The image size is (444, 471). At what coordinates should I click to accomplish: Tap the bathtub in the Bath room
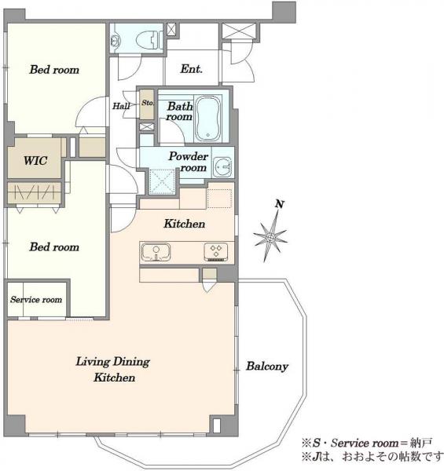click(207, 119)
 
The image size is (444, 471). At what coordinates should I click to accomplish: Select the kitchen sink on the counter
click(156, 252)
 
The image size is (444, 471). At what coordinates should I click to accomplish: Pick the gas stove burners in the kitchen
click(216, 251)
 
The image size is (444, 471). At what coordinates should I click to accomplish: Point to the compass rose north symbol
click(270, 237)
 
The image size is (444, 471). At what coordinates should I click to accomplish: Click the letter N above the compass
click(280, 204)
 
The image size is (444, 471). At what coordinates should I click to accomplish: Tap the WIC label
click(35, 160)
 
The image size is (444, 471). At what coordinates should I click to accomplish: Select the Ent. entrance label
click(191, 69)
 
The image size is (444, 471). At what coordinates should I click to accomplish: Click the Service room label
click(36, 300)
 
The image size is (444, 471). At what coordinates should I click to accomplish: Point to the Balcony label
click(267, 366)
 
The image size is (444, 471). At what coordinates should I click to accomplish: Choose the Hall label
click(121, 106)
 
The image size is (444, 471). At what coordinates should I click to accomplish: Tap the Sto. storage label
click(148, 103)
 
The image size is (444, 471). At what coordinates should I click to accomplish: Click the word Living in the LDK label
click(93, 361)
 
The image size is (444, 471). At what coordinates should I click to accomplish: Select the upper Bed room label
click(54, 70)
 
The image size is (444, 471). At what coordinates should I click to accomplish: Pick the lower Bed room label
click(54, 247)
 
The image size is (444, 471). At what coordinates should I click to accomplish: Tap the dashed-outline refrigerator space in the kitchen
click(219, 198)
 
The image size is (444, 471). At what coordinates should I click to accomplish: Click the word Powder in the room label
click(188, 156)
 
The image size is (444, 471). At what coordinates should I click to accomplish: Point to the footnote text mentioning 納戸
click(367, 443)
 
